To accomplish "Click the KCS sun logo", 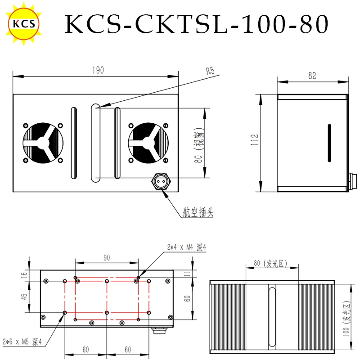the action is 24,24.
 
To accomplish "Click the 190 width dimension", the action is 98,70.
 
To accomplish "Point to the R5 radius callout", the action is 210,71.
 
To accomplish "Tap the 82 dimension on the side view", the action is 312,76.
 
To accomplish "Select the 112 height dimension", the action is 255,139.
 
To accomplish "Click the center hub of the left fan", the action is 43,143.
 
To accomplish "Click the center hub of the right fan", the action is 148,143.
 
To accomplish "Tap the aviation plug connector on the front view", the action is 161,181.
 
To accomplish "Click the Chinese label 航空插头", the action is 198,212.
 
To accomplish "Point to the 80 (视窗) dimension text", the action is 199,145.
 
